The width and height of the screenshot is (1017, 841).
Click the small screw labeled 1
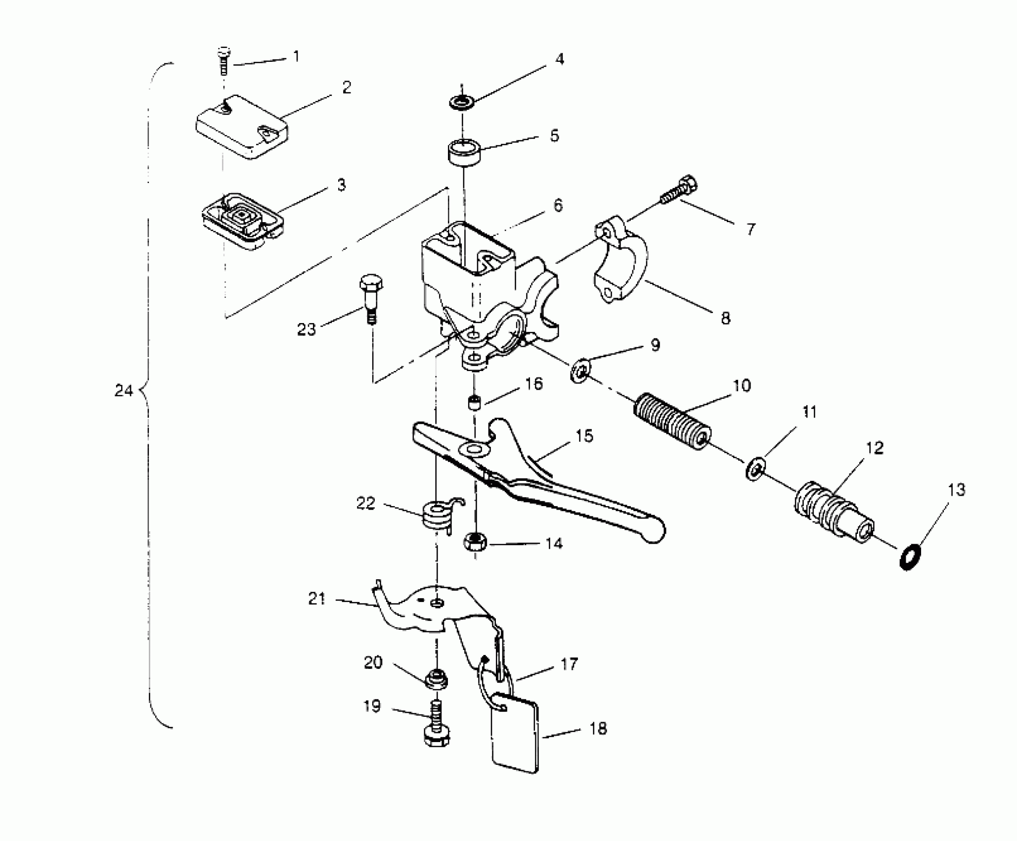(224, 61)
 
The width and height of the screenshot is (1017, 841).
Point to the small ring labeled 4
(462, 103)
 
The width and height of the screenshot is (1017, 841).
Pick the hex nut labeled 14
(475, 542)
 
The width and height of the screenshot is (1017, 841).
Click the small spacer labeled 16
(475, 402)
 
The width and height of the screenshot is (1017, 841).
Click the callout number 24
(123, 391)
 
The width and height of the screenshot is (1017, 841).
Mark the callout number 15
(584, 436)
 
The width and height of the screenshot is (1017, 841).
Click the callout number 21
(316, 599)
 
